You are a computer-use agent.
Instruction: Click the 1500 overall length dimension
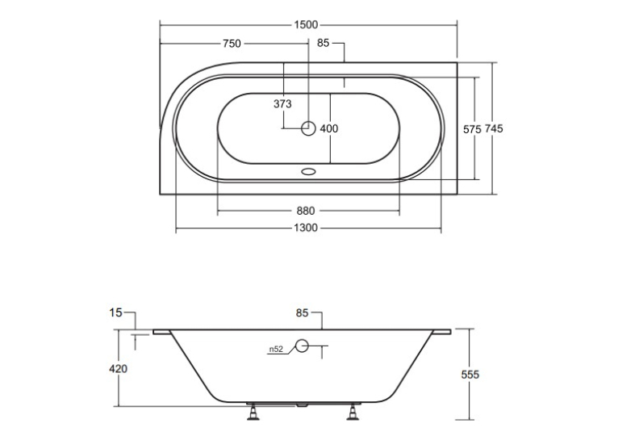306,25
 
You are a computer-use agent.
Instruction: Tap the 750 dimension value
232,44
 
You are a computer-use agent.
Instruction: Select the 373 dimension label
282,103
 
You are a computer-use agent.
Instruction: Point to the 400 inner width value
329,128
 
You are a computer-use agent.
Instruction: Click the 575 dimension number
472,129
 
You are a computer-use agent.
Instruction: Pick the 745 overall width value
494,128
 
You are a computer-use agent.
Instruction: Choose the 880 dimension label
306,211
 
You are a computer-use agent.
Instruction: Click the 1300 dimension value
306,228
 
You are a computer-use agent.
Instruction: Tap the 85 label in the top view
324,43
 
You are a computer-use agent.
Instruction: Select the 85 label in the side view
302,312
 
